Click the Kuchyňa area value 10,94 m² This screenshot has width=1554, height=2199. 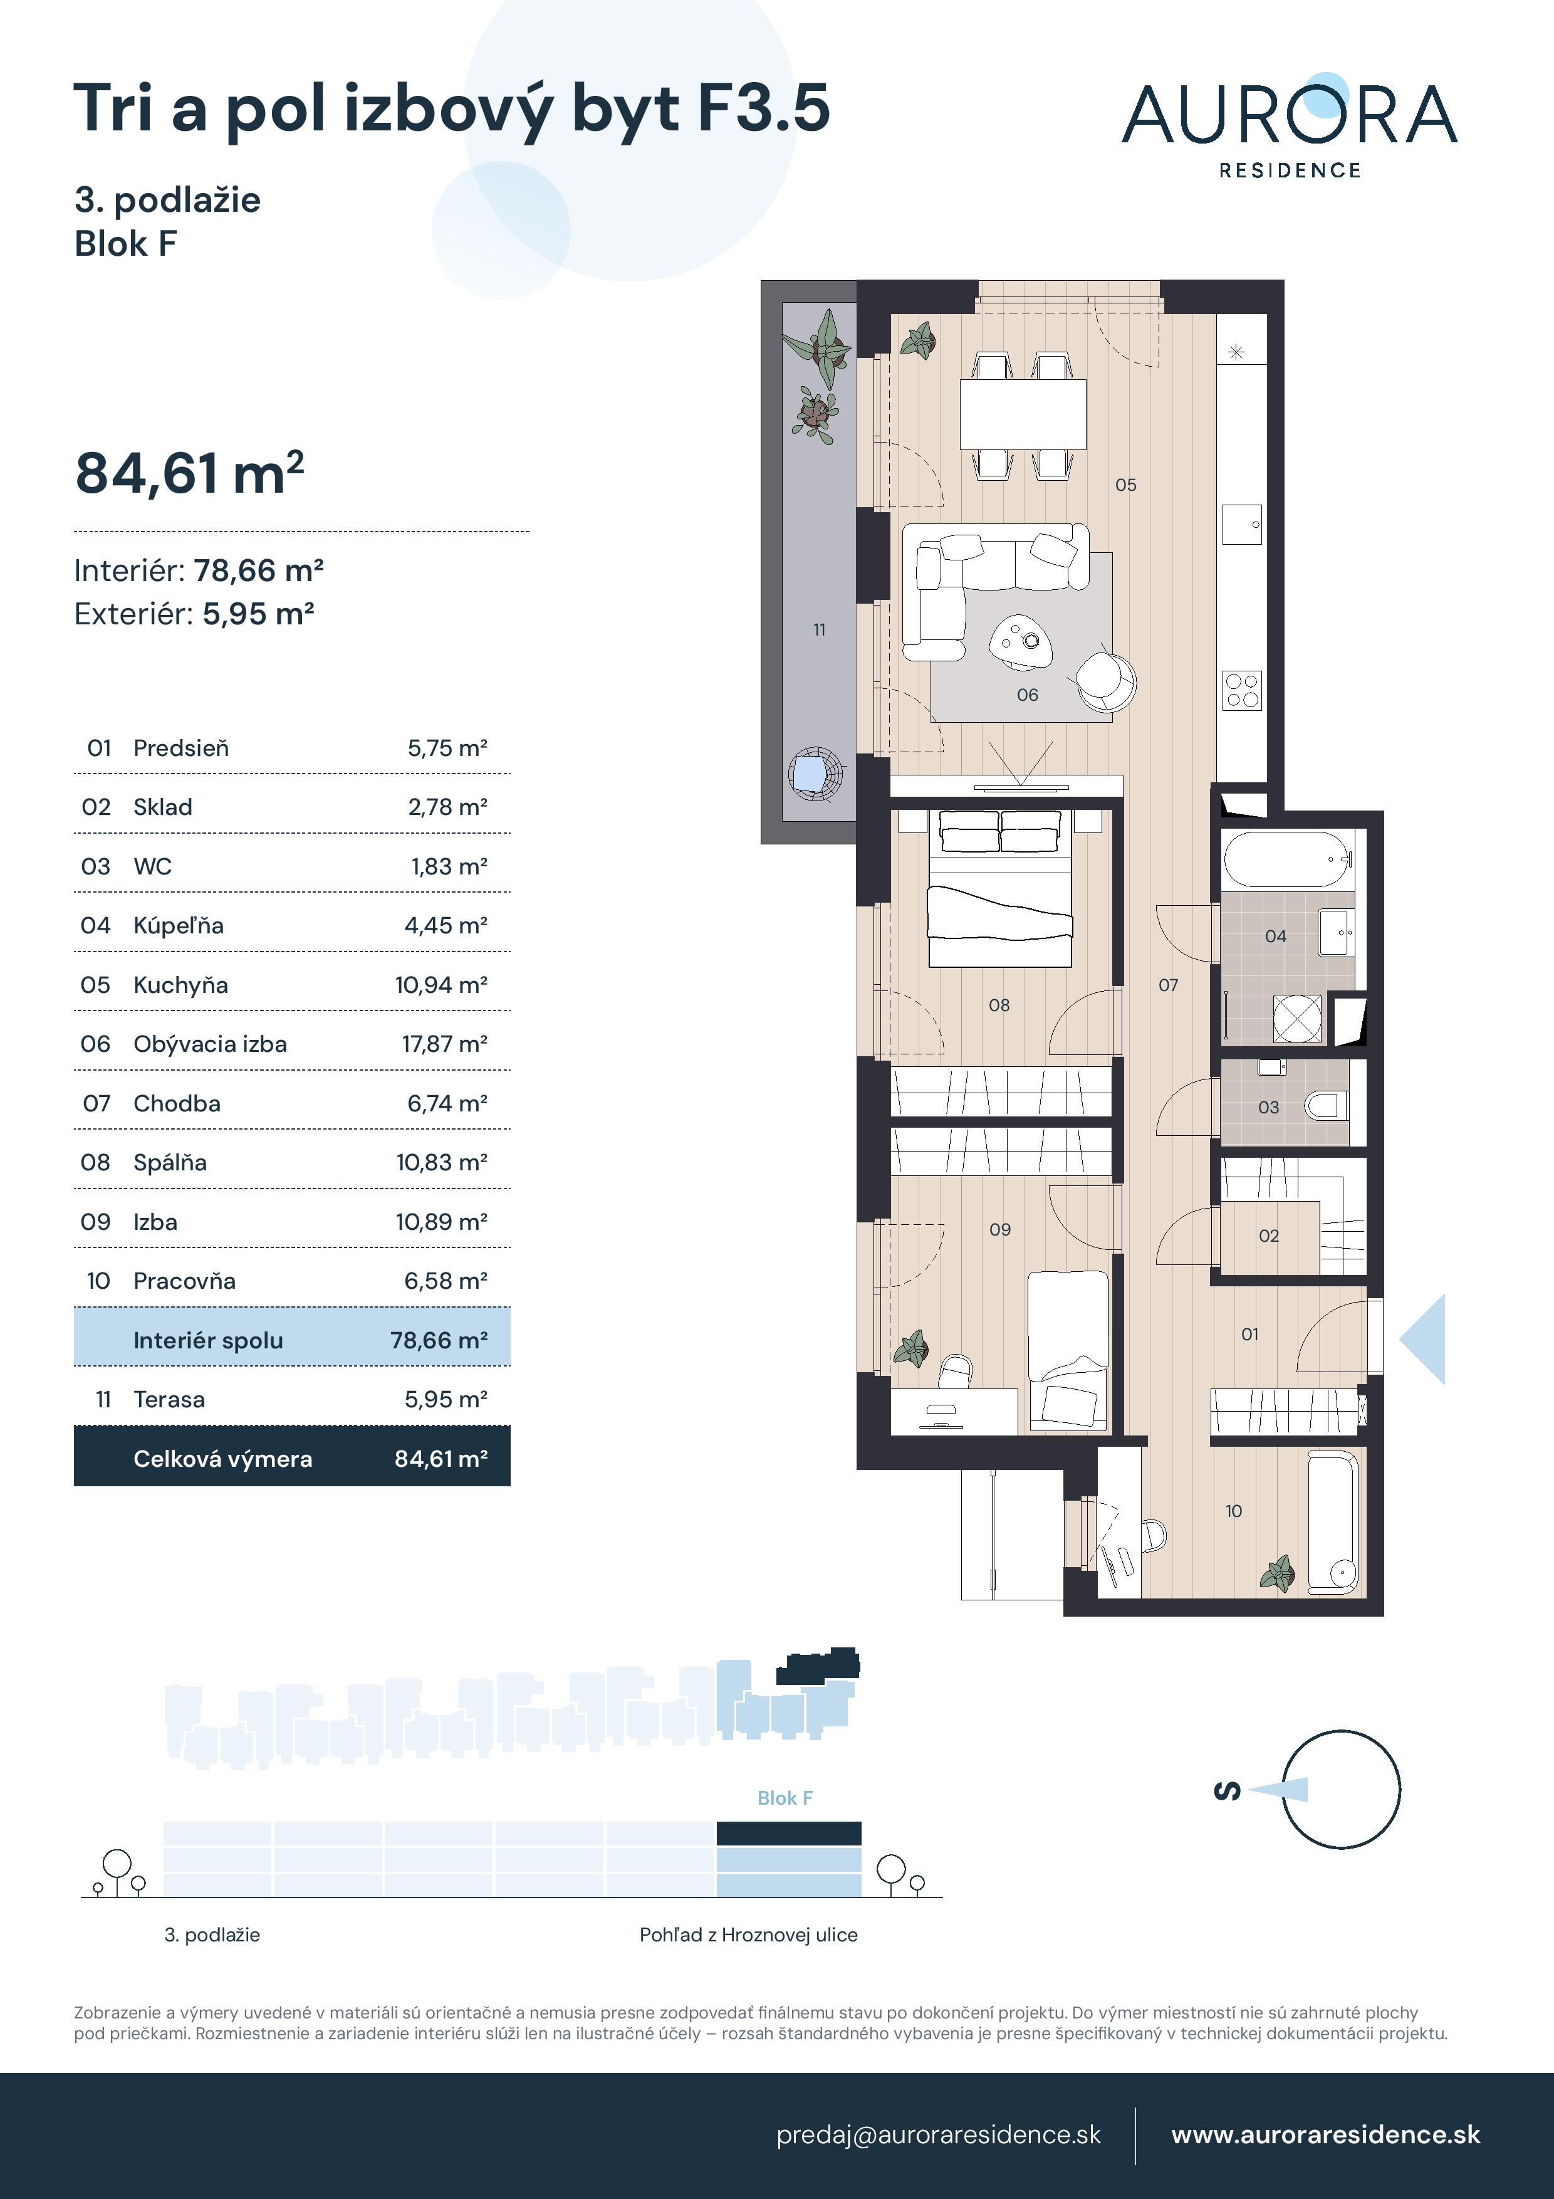coord(441,985)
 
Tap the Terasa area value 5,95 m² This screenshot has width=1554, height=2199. coord(446,1399)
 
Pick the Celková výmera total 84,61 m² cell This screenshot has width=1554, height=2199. coord(441,1459)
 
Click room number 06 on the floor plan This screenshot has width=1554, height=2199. coord(1028,695)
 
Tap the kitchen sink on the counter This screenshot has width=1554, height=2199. coord(1242,524)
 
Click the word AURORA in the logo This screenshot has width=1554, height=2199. coord(1289,114)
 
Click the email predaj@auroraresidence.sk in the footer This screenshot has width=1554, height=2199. coord(938,2135)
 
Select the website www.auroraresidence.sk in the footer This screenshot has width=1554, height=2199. coord(1325,2135)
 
